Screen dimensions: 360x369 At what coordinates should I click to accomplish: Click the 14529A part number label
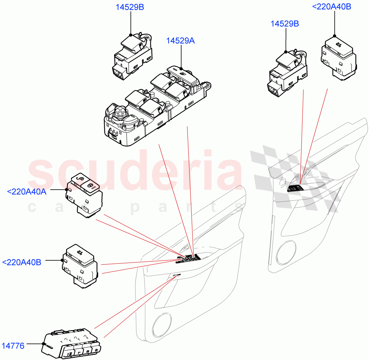pos(180,41)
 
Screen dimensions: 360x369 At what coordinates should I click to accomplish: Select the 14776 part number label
pos(13,346)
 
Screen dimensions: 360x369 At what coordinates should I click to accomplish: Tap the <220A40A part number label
pos(26,192)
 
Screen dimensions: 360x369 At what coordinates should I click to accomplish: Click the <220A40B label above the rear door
pos(331,6)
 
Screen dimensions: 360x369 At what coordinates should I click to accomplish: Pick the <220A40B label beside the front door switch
pos(22,263)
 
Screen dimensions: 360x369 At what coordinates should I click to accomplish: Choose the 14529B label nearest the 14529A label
pos(129,7)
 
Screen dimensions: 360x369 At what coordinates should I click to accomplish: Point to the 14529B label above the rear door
pos(284,24)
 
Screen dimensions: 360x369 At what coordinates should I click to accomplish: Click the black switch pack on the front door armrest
pos(188,259)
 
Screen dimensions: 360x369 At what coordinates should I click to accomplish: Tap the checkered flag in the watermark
pos(295,172)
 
